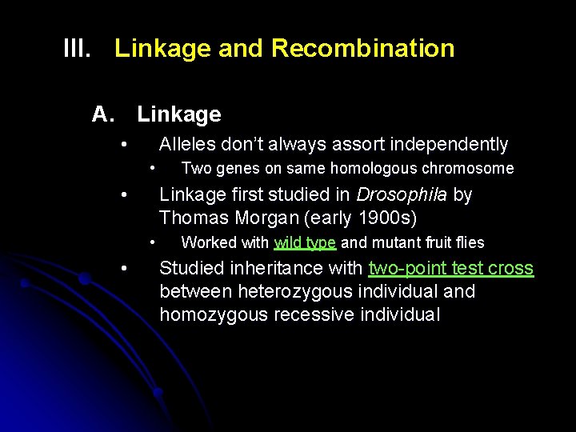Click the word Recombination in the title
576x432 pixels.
[362, 49]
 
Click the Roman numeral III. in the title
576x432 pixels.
[78, 49]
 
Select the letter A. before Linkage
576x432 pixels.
[104, 114]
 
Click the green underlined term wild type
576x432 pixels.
[305, 242]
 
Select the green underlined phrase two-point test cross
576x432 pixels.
[450, 268]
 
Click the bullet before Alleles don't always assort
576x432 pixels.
[124, 145]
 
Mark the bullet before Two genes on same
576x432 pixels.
[153, 168]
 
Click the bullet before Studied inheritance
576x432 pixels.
[124, 268]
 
